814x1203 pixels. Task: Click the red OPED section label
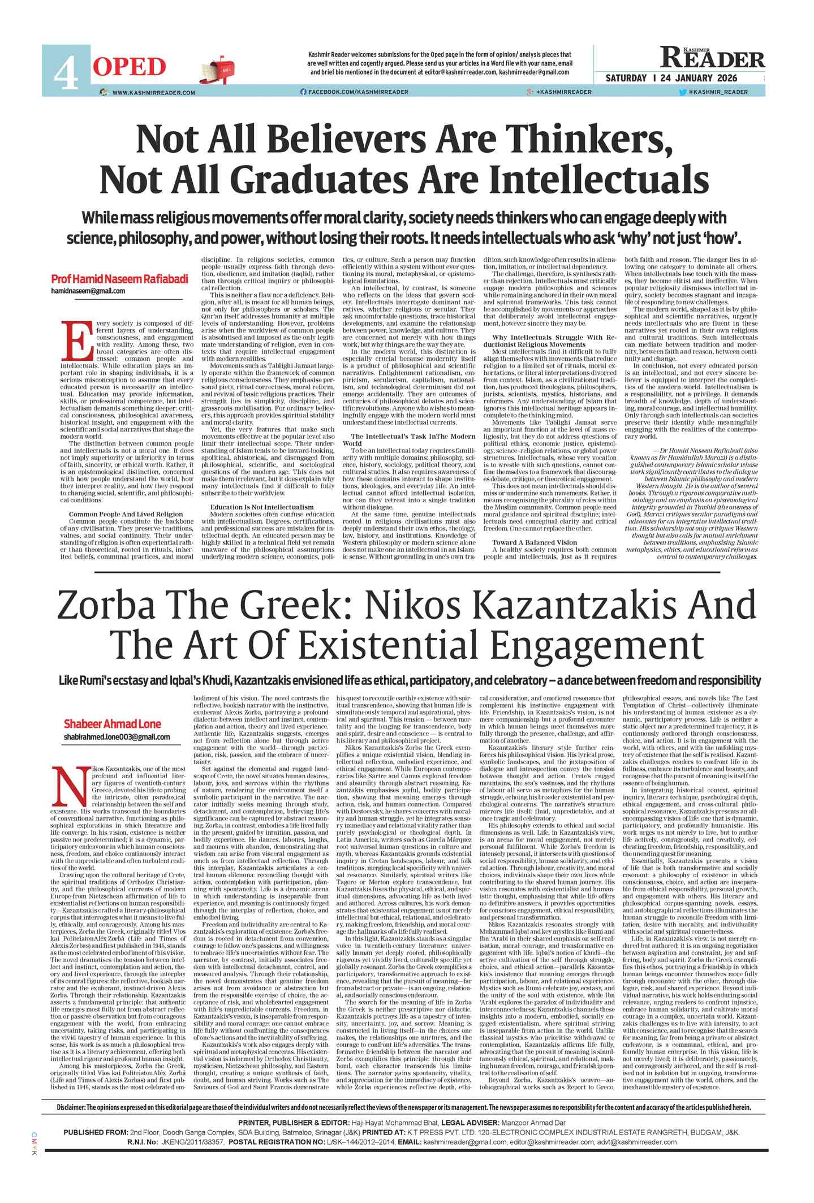click(130, 67)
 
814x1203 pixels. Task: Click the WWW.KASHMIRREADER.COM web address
click(153, 92)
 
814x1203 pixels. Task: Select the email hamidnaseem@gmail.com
click(88, 291)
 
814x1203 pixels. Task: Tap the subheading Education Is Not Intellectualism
click(261, 507)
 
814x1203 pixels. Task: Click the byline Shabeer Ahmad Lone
click(112, 724)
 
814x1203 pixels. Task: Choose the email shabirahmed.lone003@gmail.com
click(117, 736)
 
